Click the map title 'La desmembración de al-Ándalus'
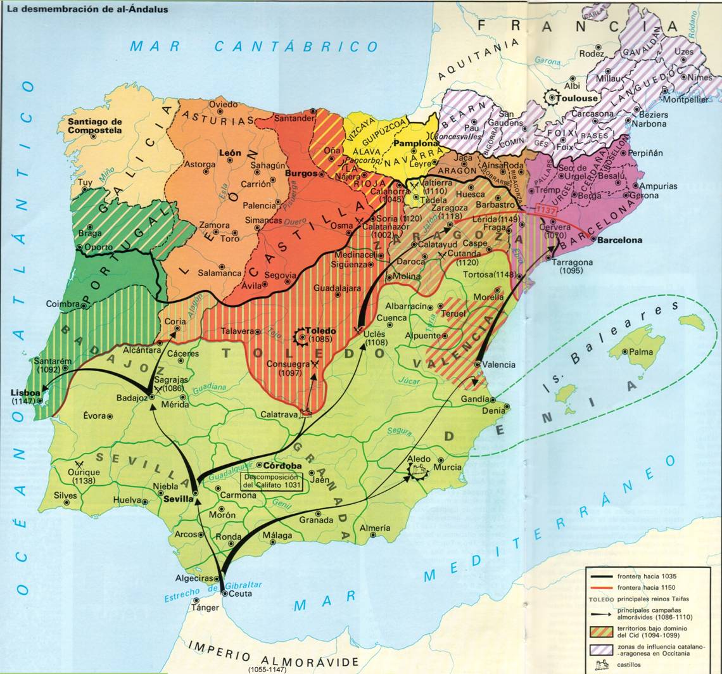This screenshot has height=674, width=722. click(x=87, y=10)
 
